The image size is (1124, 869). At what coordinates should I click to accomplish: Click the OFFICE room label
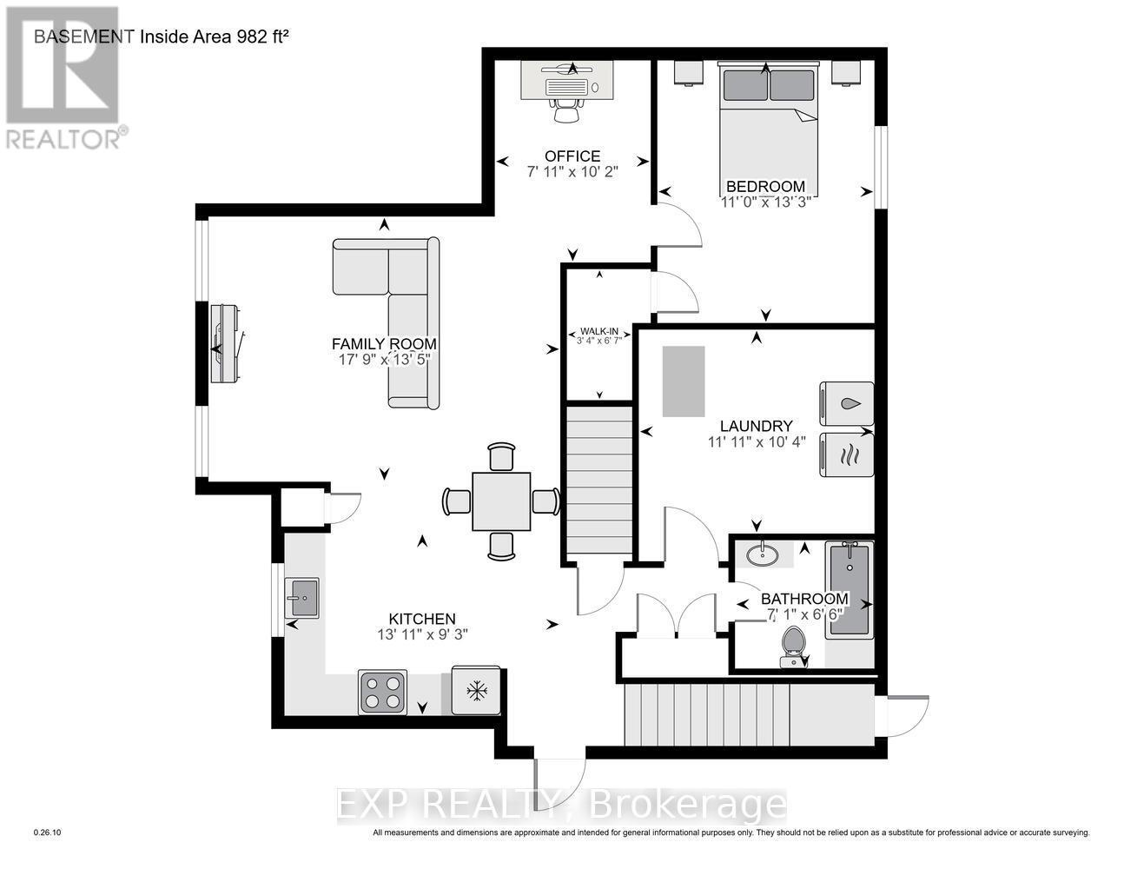pyautogui.click(x=572, y=156)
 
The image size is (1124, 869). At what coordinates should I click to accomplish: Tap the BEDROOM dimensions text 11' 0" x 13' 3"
pyautogui.click(x=765, y=202)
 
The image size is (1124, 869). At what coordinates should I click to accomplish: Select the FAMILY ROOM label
pyautogui.click(x=384, y=343)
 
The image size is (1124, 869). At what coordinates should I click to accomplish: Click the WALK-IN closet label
pyautogui.click(x=599, y=331)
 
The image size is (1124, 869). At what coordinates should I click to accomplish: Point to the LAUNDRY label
pyautogui.click(x=756, y=426)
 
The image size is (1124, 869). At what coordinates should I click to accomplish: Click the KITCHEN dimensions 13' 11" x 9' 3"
pyautogui.click(x=416, y=634)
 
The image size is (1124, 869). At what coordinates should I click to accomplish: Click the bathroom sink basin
pyautogui.click(x=763, y=553)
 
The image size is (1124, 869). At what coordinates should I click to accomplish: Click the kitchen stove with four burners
pyautogui.click(x=382, y=692)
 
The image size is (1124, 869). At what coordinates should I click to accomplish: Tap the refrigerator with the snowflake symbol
pyautogui.click(x=476, y=691)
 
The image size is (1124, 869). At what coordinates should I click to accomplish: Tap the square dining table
pyautogui.click(x=501, y=501)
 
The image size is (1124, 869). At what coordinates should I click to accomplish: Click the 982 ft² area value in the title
pyautogui.click(x=250, y=36)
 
